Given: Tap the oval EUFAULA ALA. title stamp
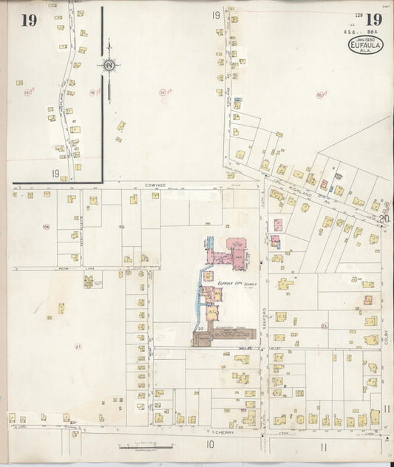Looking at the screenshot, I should [x=365, y=47].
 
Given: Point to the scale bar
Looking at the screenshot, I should [x=146, y=446].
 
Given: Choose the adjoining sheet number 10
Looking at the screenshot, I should [x=210, y=444].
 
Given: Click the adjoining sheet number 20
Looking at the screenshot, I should [x=384, y=218].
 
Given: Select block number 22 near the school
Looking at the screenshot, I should [x=200, y=327].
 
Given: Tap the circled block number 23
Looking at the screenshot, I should [x=324, y=324].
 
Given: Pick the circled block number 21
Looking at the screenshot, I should [x=78, y=346].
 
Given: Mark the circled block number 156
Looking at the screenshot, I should [x=46, y=226].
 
